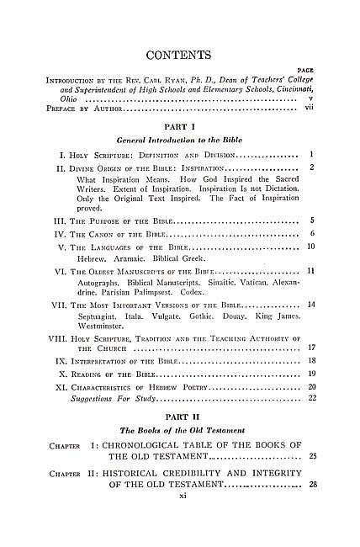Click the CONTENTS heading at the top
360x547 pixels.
coord(179,56)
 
